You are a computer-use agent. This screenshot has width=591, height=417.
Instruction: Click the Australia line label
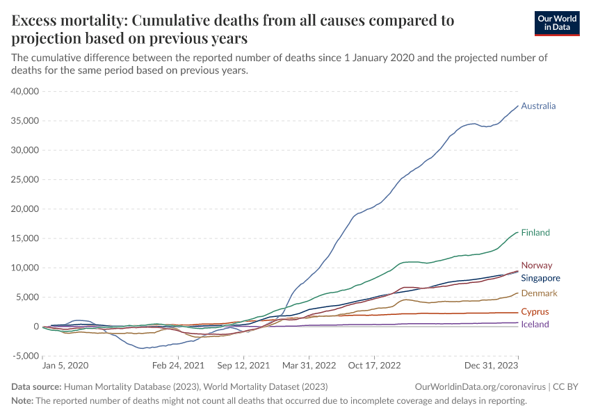[x=538, y=106]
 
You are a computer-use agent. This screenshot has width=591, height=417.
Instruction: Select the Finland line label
[x=535, y=233]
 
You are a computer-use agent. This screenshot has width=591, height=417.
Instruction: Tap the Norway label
[x=537, y=265]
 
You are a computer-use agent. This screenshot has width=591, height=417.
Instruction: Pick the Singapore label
[x=540, y=278]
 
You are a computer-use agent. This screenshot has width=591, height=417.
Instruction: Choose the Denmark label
[x=539, y=294]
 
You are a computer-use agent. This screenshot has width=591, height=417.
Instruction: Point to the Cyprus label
[x=535, y=312]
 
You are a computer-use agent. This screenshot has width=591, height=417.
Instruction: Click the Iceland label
[x=535, y=325]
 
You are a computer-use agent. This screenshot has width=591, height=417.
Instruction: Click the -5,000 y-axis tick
[x=25, y=356]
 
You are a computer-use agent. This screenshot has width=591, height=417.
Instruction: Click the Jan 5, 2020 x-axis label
[x=65, y=365]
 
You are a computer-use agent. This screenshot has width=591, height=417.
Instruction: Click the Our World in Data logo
[x=556, y=23]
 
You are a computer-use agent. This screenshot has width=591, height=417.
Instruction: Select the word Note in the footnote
[x=23, y=401]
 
